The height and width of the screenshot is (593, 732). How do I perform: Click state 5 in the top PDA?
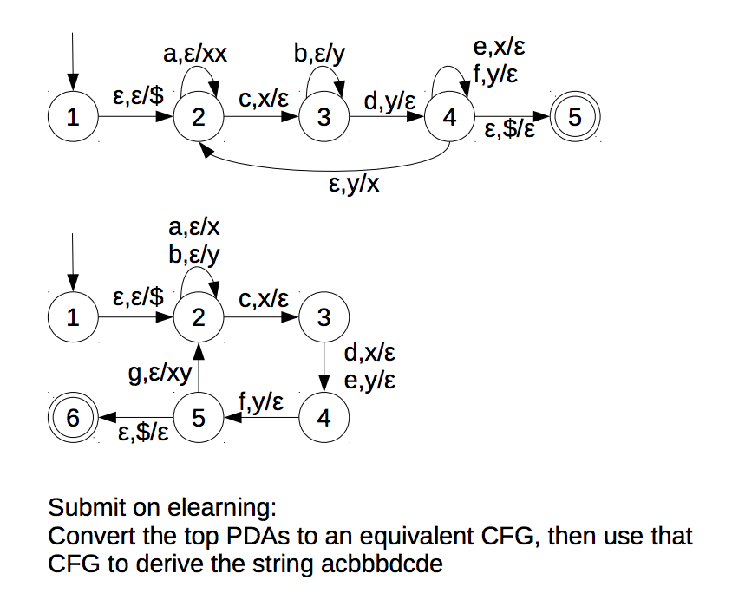point(573,117)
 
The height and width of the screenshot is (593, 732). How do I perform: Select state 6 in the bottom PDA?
point(74,418)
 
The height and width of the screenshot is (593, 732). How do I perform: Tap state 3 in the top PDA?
point(324,117)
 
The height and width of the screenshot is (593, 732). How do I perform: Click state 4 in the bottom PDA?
point(324,418)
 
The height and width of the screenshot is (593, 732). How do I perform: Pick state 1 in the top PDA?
point(74,117)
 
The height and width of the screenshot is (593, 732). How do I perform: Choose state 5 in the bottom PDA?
point(199,418)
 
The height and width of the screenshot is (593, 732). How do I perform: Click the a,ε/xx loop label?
point(195,55)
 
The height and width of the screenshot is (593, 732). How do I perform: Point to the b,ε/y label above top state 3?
point(319,55)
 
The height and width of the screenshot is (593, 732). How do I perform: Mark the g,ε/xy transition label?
point(159,375)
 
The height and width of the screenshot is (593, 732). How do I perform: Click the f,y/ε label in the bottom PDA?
point(260,401)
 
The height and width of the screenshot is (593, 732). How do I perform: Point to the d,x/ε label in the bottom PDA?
point(370,353)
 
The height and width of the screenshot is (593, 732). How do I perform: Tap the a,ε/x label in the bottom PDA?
point(193,228)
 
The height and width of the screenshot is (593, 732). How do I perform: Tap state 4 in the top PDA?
point(448,117)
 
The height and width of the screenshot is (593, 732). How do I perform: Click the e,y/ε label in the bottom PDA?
point(370,380)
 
